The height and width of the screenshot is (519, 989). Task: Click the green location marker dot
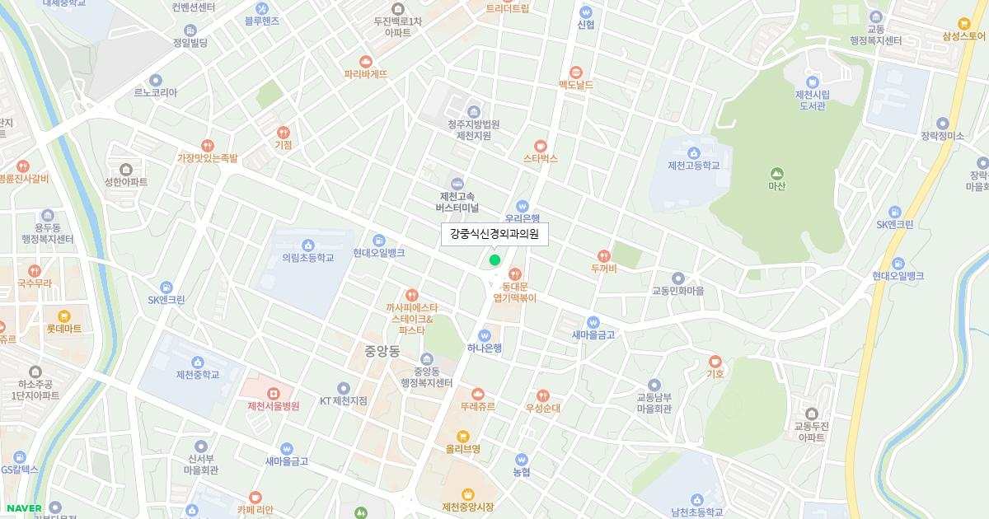[494, 260]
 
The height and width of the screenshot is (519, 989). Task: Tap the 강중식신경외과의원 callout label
[494, 235]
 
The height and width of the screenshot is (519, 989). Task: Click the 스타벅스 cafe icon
[541, 146]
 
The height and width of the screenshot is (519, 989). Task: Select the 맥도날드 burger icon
[575, 72]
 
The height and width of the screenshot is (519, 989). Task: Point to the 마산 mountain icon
[776, 173]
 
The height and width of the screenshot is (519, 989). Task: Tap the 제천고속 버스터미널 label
[459, 202]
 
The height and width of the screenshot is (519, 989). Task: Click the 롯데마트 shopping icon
[63, 316]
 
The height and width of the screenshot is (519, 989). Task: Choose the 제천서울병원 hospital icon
[273, 393]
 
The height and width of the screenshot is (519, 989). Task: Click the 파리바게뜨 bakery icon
[366, 61]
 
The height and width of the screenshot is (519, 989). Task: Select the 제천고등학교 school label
[694, 166]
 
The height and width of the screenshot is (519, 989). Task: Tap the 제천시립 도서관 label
[812, 101]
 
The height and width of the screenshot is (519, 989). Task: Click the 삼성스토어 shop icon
[963, 24]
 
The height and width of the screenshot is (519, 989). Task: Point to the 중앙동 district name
[382, 351]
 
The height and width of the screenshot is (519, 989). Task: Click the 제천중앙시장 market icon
[468, 494]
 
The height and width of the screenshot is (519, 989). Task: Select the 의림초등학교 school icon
[308, 245]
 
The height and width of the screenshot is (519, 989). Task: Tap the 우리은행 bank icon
[522, 206]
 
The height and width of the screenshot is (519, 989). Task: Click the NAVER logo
[24, 507]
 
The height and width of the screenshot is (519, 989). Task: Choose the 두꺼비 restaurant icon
[604, 255]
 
